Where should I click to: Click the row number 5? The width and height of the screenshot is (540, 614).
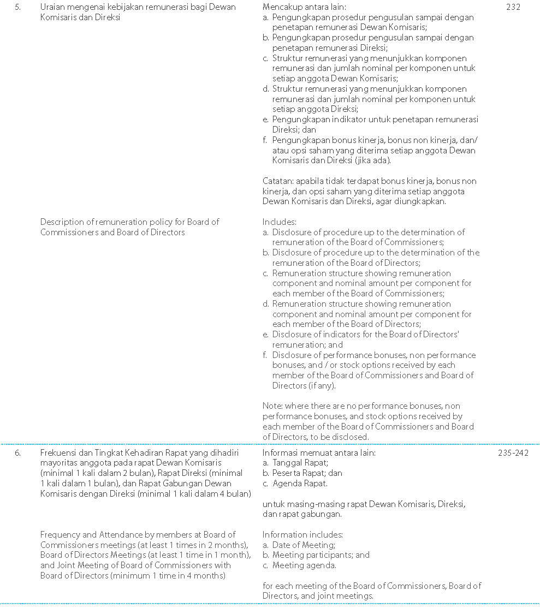17,7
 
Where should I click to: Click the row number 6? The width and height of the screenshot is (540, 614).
17,452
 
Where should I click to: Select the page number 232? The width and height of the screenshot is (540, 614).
513,7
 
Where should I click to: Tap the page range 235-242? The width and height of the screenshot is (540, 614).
513,452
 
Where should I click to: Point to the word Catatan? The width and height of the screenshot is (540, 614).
277,181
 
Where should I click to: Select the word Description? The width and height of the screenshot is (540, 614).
62,222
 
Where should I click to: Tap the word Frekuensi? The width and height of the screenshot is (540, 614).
60,452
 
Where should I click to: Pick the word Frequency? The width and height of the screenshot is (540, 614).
60,535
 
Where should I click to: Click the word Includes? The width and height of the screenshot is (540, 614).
279,222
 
